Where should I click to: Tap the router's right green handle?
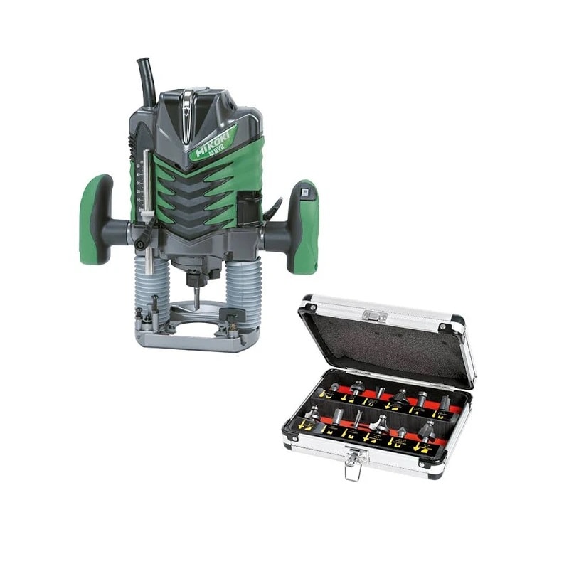[304, 226]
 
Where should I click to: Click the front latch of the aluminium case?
[353, 462]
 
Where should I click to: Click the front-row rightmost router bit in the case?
[428, 431]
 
